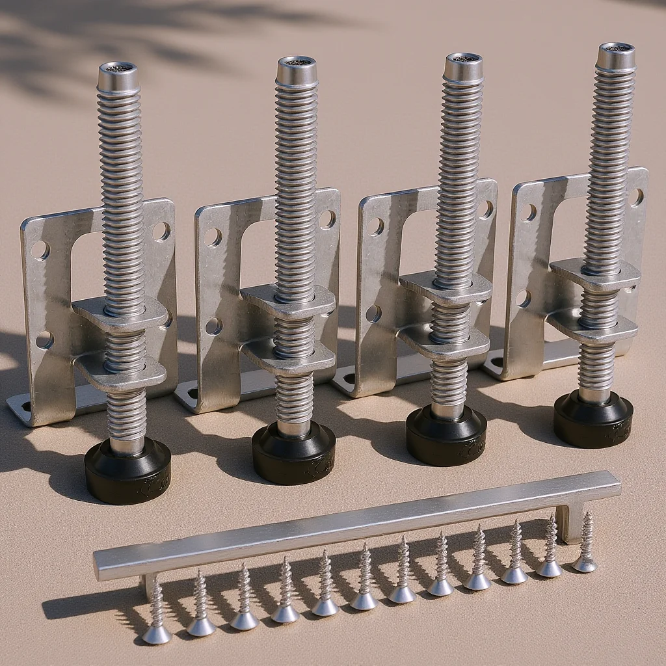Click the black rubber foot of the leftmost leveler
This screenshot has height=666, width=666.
click(127, 471)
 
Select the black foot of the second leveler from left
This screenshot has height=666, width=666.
click(293, 453)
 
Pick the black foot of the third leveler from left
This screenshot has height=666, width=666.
click(446, 435)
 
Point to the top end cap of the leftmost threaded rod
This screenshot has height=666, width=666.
click(118, 77)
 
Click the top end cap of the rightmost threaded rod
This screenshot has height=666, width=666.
click(616, 57)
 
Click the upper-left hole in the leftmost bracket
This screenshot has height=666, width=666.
click(39, 250)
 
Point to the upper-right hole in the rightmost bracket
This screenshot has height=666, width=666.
click(637, 197)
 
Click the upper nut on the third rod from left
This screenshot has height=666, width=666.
click(446, 287)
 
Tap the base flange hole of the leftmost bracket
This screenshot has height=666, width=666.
click(26, 408)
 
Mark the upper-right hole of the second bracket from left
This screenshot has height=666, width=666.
click(327, 219)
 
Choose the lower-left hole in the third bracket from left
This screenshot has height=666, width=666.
click(373, 313)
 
